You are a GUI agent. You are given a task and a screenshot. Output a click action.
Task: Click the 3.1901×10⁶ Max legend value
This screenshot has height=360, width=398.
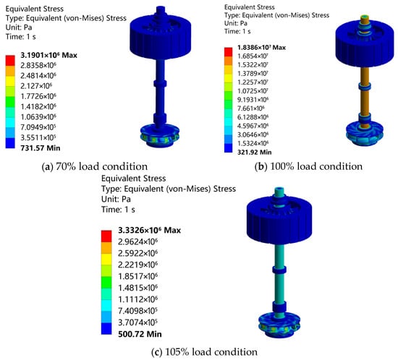point(48,55)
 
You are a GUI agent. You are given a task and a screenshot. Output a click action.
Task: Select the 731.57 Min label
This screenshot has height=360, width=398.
point(41,147)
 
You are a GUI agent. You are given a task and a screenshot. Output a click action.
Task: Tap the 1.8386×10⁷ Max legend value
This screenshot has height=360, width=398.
point(261,48)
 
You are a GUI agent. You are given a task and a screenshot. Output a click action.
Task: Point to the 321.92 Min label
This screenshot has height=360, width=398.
point(254,152)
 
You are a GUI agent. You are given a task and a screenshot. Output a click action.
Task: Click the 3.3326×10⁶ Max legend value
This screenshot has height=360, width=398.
point(149,230)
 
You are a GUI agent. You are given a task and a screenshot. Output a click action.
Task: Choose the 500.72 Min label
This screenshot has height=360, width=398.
point(140,334)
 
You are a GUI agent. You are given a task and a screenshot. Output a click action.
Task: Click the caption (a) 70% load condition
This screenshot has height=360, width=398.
point(94,166)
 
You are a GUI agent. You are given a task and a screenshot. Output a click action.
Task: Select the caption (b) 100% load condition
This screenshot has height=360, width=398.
point(308,166)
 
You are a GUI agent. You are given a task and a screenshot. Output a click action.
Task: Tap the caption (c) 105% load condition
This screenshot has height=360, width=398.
point(204,352)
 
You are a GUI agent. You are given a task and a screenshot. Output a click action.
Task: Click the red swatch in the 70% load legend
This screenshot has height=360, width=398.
point(10,60)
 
